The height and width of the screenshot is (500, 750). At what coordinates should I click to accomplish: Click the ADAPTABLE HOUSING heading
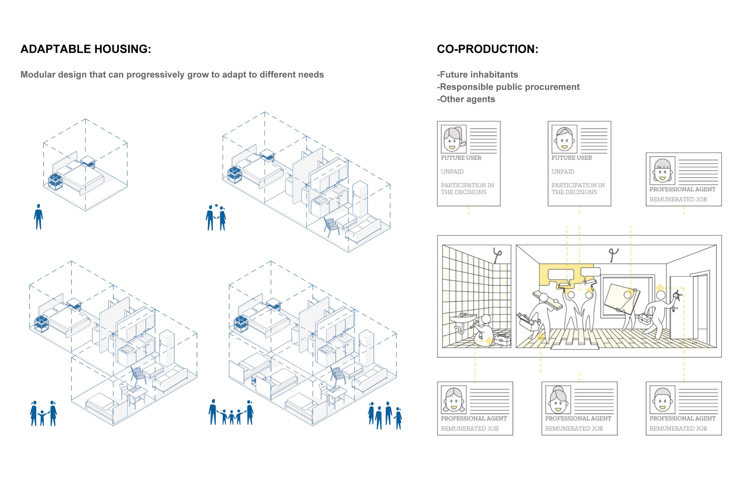86,49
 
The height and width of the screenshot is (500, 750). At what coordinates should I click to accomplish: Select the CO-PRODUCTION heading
487,49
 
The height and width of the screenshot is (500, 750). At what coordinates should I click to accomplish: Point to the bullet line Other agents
466,99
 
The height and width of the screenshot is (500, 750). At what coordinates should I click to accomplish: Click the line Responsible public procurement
508,87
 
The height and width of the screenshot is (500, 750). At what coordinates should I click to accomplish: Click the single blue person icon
38,216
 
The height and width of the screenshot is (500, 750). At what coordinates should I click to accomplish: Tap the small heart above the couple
216,205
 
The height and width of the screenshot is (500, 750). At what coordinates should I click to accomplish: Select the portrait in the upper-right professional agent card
662,170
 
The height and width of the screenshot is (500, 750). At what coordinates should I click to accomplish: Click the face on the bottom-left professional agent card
454,400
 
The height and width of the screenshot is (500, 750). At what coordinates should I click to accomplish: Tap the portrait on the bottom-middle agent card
558,400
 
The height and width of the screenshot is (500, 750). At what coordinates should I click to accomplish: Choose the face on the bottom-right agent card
662,400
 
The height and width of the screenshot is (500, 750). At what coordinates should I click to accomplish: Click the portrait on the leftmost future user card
454,139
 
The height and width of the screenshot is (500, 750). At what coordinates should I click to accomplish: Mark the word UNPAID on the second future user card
563,171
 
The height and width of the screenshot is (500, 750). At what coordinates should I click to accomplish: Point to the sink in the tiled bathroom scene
463,318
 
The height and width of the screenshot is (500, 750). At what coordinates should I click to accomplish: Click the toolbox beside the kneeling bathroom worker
502,340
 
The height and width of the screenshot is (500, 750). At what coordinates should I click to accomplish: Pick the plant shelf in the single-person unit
55,181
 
